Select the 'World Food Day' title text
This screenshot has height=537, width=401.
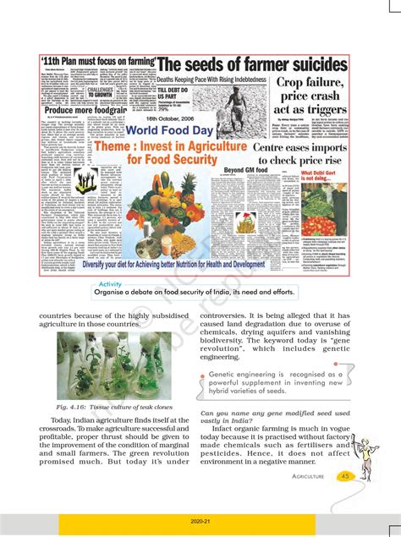click(179, 131)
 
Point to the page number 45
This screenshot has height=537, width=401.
click(345, 476)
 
